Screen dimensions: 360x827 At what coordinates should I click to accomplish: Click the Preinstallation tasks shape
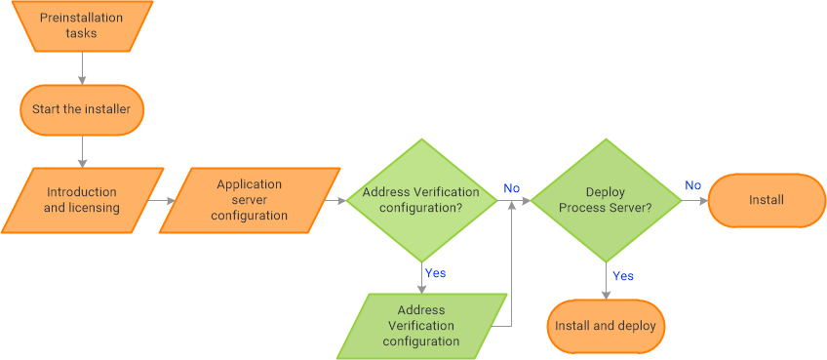coord(82,26)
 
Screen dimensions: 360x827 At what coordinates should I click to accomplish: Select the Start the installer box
coord(82,109)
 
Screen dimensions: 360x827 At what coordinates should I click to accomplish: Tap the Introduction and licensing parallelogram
coord(81,200)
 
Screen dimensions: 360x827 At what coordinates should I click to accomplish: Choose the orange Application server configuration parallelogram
coord(250,200)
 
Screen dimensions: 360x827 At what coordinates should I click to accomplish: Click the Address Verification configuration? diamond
coord(421,200)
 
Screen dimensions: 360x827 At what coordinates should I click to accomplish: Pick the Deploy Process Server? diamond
coord(606,200)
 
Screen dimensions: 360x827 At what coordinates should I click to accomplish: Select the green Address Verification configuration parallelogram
coord(421,326)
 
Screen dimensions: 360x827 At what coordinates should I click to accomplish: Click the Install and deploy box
coord(606,326)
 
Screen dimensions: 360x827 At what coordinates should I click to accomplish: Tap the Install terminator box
coord(767,200)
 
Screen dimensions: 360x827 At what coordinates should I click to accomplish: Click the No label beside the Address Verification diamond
coord(511,187)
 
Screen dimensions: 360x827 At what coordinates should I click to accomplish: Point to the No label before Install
coord(692,185)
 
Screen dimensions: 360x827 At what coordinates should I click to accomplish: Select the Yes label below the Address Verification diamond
coord(435,273)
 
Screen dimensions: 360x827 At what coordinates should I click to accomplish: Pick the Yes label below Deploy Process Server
coord(622,276)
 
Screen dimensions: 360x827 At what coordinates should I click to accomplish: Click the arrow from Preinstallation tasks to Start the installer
coord(82,68)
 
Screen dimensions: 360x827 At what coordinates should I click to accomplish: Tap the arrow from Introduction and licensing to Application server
coord(161,200)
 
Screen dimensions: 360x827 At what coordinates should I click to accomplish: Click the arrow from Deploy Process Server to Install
coord(693,200)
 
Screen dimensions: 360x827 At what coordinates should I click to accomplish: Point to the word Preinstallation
coord(82,19)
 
